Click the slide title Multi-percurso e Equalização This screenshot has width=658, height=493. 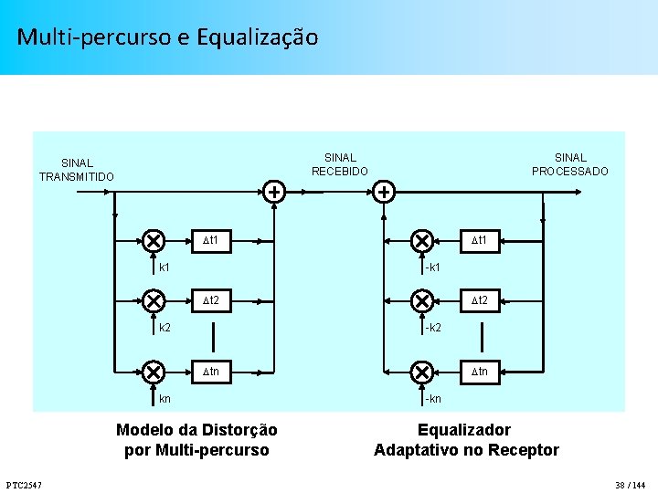click(167, 37)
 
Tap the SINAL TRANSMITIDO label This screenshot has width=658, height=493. click(77, 170)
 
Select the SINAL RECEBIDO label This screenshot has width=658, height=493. click(340, 164)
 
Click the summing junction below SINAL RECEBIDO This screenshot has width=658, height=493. click(384, 192)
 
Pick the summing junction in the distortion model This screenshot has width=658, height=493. click(273, 192)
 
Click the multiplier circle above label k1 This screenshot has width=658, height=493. click(153, 240)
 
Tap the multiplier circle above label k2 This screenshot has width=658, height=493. click(153, 300)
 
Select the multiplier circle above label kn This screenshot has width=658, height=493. click(153, 372)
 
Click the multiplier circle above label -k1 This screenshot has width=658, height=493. click(421, 240)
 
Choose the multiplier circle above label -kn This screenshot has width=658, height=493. click(421, 372)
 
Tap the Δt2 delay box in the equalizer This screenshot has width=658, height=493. click(479, 300)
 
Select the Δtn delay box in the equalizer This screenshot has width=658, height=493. click(479, 372)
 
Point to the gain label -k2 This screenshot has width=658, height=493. click(432, 327)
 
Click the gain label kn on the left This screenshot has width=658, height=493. click(164, 399)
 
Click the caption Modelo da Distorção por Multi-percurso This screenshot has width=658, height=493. click(196, 439)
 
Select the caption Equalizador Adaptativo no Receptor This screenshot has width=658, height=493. click(466, 439)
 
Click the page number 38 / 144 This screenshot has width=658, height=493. click(631, 483)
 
